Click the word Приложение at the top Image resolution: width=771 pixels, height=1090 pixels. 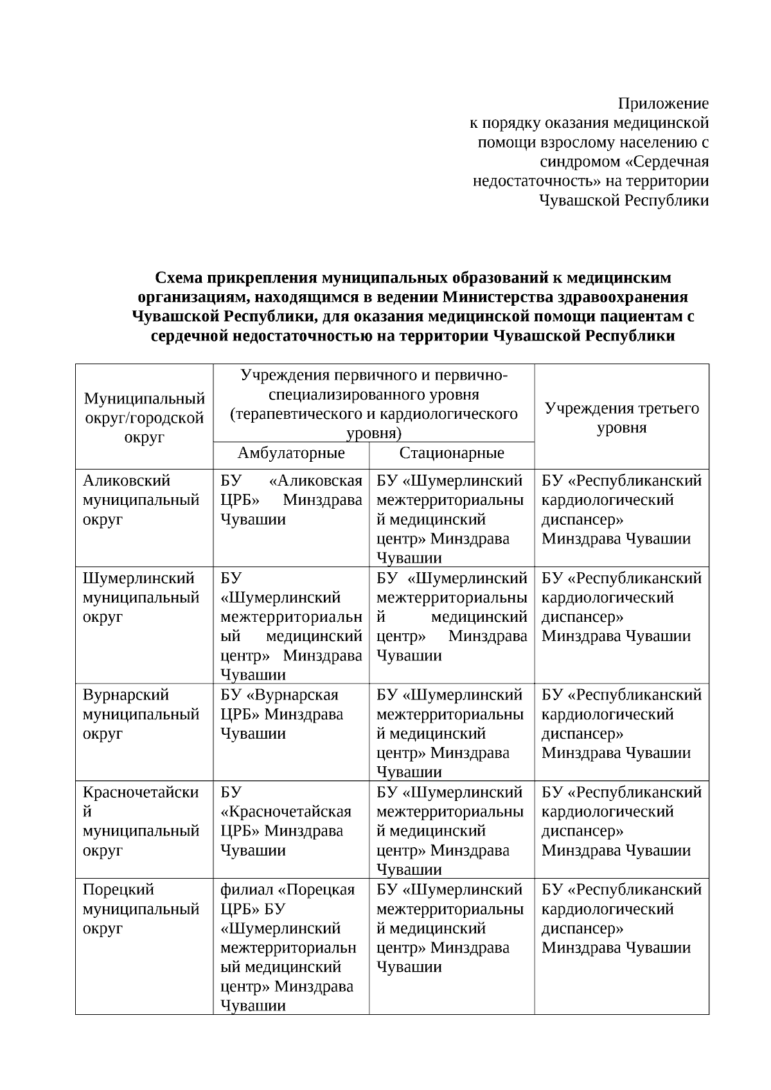pos(663,103)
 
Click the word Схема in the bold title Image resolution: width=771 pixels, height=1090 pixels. pos(178,277)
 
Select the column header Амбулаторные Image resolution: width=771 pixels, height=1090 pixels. pos(291,453)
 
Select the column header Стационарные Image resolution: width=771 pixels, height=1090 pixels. pos(452,453)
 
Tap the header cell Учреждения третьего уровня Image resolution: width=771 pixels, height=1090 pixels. pos(621,418)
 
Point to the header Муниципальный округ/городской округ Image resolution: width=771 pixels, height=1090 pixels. pos(144,418)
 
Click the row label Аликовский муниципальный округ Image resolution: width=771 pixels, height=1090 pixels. pos(141,500)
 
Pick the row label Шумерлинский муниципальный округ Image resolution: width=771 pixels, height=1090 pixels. pos(141,598)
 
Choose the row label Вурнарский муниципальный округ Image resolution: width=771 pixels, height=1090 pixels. pos(141,714)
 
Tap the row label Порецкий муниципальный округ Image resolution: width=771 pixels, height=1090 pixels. pos(141,910)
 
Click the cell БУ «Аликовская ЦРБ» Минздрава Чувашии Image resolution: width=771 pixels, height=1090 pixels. pos(291,500)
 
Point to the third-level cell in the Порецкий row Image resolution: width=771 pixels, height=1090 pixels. pos(621,919)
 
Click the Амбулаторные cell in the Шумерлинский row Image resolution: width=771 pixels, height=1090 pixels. pos(291,627)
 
